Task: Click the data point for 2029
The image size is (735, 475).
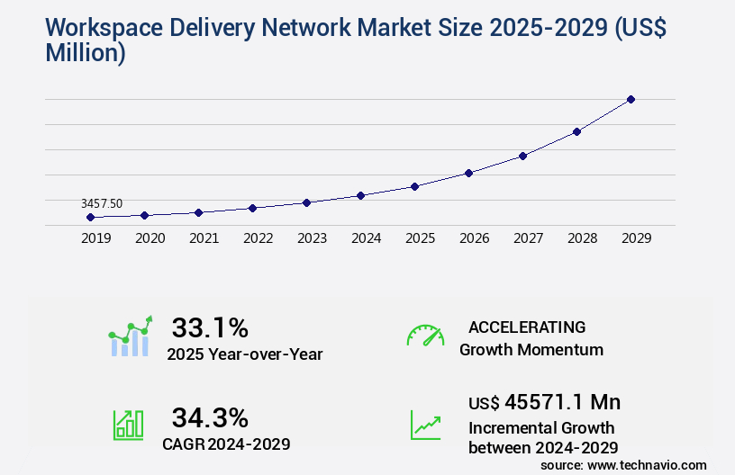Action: point(631,99)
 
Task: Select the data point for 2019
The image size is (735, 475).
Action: point(90,217)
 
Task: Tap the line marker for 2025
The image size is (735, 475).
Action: point(414,186)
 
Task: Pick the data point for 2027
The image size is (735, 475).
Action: point(522,156)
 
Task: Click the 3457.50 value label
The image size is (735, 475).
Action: point(102,204)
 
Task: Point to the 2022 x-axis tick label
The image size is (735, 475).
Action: point(258,238)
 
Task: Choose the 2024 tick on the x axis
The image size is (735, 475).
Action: point(366,238)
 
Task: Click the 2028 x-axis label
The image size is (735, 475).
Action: point(582,238)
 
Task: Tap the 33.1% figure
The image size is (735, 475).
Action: point(210,327)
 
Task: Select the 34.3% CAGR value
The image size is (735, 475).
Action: point(210,417)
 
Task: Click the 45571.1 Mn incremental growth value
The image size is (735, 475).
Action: point(544,401)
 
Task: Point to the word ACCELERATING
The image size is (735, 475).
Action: point(527,327)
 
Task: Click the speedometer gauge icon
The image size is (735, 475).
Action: point(425,336)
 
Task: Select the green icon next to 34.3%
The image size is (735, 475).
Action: point(128,425)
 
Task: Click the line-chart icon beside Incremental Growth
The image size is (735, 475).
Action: point(425,425)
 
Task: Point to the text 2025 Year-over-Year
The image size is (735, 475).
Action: point(244,354)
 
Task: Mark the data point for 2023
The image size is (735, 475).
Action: point(306,202)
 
